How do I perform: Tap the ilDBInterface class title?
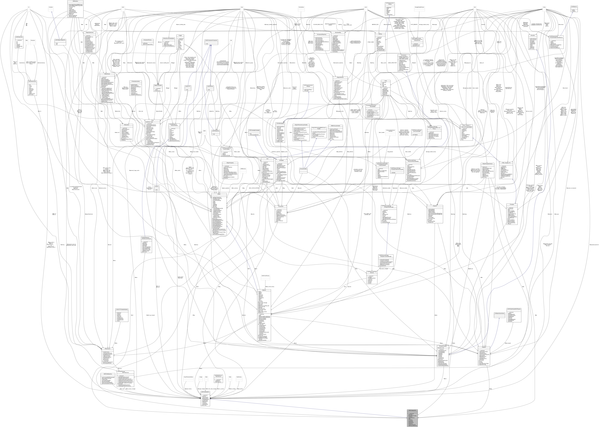(x=75, y=1)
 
